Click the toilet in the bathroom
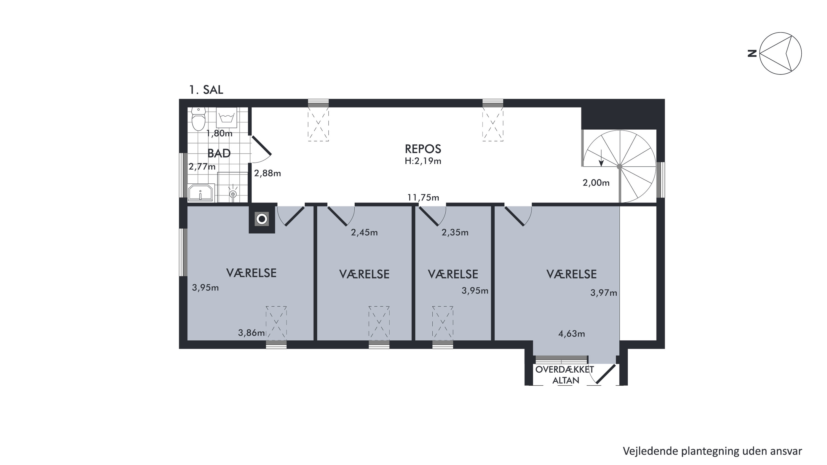[198, 119]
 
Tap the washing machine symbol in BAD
[227, 118]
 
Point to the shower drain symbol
[233, 194]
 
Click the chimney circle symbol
[262, 219]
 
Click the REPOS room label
[423, 149]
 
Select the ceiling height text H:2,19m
[423, 161]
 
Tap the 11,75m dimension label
[423, 197]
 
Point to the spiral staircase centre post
[620, 167]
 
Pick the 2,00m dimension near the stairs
[596, 183]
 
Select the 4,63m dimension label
[572, 334]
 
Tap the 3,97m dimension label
[604, 293]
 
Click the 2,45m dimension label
[364, 232]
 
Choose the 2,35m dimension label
[455, 232]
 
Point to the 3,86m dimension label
[251, 333]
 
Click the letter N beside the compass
[752, 53]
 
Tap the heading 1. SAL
[206, 90]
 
